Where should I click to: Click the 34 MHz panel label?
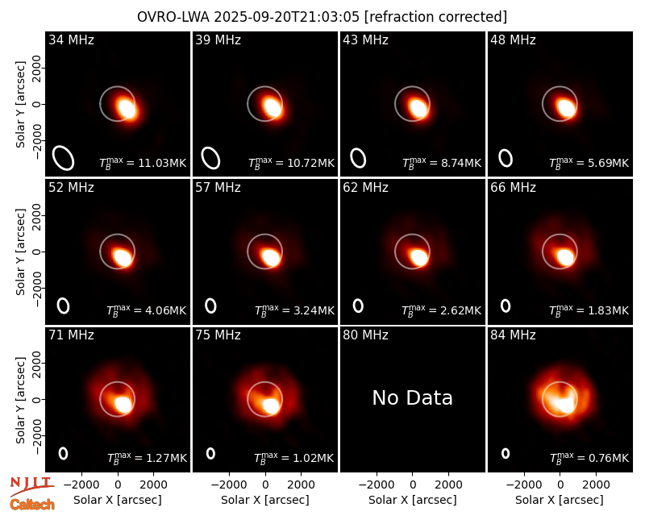point(71,40)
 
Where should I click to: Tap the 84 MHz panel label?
point(513,335)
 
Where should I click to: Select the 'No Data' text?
point(412,397)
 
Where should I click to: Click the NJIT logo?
point(31,486)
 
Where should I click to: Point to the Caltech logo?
point(32,505)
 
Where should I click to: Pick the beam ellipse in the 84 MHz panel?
point(506,453)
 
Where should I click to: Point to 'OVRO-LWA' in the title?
point(173,17)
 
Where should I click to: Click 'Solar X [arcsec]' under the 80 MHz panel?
point(412,500)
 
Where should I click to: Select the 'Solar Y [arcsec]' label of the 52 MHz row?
point(20,252)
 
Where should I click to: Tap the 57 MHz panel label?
point(218,188)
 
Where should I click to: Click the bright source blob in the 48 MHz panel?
point(567,108)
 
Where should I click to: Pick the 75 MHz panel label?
point(218,335)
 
